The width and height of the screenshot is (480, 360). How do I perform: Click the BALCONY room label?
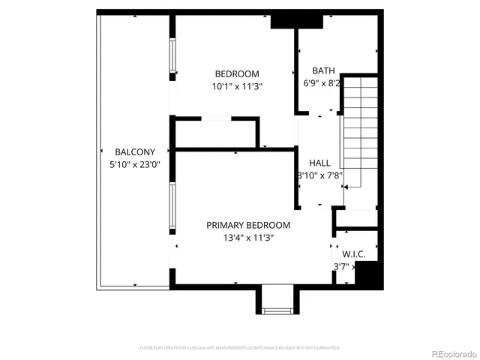(x=135, y=151)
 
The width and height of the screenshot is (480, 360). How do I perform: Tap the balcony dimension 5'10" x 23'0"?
(x=135, y=163)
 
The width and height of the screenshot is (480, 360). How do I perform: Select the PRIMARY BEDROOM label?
(x=248, y=225)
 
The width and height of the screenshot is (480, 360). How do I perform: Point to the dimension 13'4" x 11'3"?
(x=248, y=238)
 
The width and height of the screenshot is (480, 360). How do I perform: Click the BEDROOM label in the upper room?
(x=237, y=73)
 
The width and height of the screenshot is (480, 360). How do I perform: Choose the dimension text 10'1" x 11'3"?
(x=237, y=86)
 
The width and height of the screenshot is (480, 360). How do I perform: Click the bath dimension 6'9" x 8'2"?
(x=322, y=83)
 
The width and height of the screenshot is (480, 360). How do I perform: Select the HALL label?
(x=319, y=163)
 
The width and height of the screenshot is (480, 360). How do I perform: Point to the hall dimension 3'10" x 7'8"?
(x=320, y=175)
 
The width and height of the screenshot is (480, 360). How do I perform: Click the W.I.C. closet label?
(x=353, y=254)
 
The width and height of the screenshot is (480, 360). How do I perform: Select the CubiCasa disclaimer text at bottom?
(x=240, y=348)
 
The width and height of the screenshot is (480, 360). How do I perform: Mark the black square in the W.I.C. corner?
(x=367, y=275)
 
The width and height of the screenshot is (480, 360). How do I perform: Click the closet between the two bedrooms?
(x=216, y=133)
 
